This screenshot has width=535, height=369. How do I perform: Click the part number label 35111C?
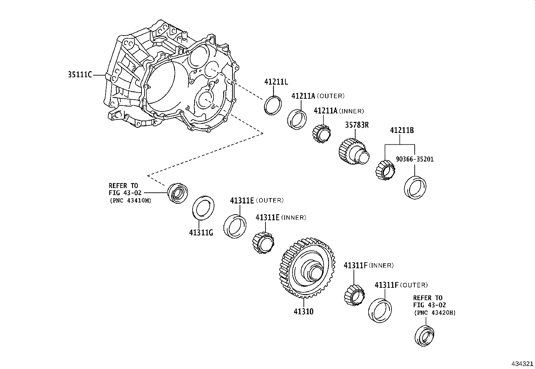click(x=80, y=75)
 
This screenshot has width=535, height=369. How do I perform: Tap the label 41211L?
click(x=276, y=82)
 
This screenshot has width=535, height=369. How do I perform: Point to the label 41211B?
click(x=402, y=130)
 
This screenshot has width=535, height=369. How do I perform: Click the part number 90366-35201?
click(x=414, y=159)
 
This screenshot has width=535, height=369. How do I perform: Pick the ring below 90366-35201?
click(x=415, y=187)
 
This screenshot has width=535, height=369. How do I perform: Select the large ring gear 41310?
click(x=307, y=268)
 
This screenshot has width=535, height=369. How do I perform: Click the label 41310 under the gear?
click(x=303, y=312)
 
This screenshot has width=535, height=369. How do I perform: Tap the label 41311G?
click(x=201, y=232)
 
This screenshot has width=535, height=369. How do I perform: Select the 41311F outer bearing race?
click(x=380, y=310)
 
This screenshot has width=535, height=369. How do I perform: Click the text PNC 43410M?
click(x=130, y=201)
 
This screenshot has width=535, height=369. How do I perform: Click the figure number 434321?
click(x=522, y=364)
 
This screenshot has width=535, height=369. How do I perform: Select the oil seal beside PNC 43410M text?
click(x=177, y=193)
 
